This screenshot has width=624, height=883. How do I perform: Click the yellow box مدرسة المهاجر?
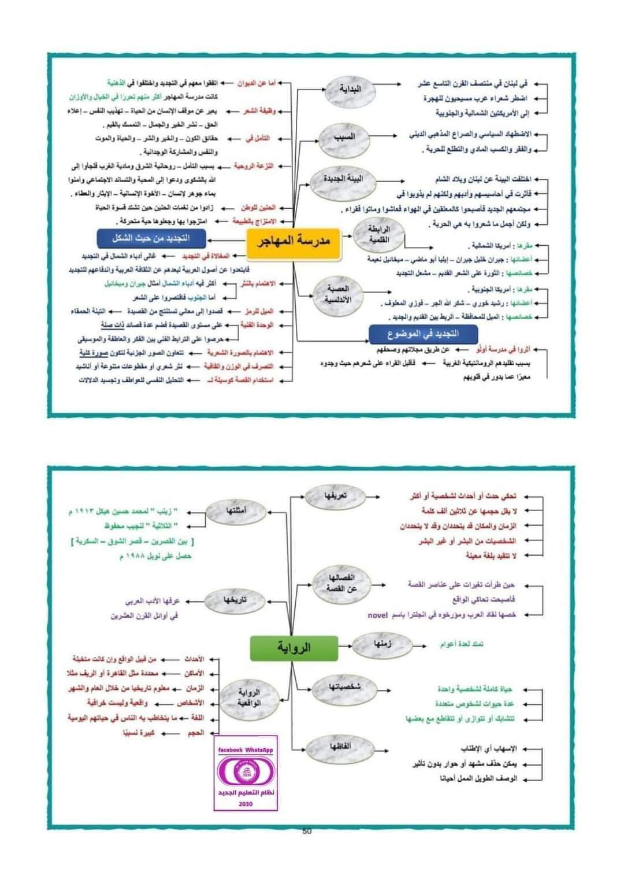point(294,242)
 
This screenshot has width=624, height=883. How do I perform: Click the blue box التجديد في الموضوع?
point(423,334)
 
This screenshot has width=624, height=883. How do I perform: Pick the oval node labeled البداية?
point(349,90)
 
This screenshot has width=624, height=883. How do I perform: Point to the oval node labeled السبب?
point(344,138)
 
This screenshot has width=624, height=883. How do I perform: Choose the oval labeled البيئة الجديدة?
point(343,179)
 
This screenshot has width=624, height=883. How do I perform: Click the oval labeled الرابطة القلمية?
point(379,234)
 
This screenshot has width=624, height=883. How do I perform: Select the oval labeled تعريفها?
point(335,496)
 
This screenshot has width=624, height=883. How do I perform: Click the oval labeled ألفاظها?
point(339,747)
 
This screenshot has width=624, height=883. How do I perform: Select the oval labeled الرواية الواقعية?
point(249,698)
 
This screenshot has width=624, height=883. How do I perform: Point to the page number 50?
point(307,832)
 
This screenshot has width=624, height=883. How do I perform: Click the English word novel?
point(378,615)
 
